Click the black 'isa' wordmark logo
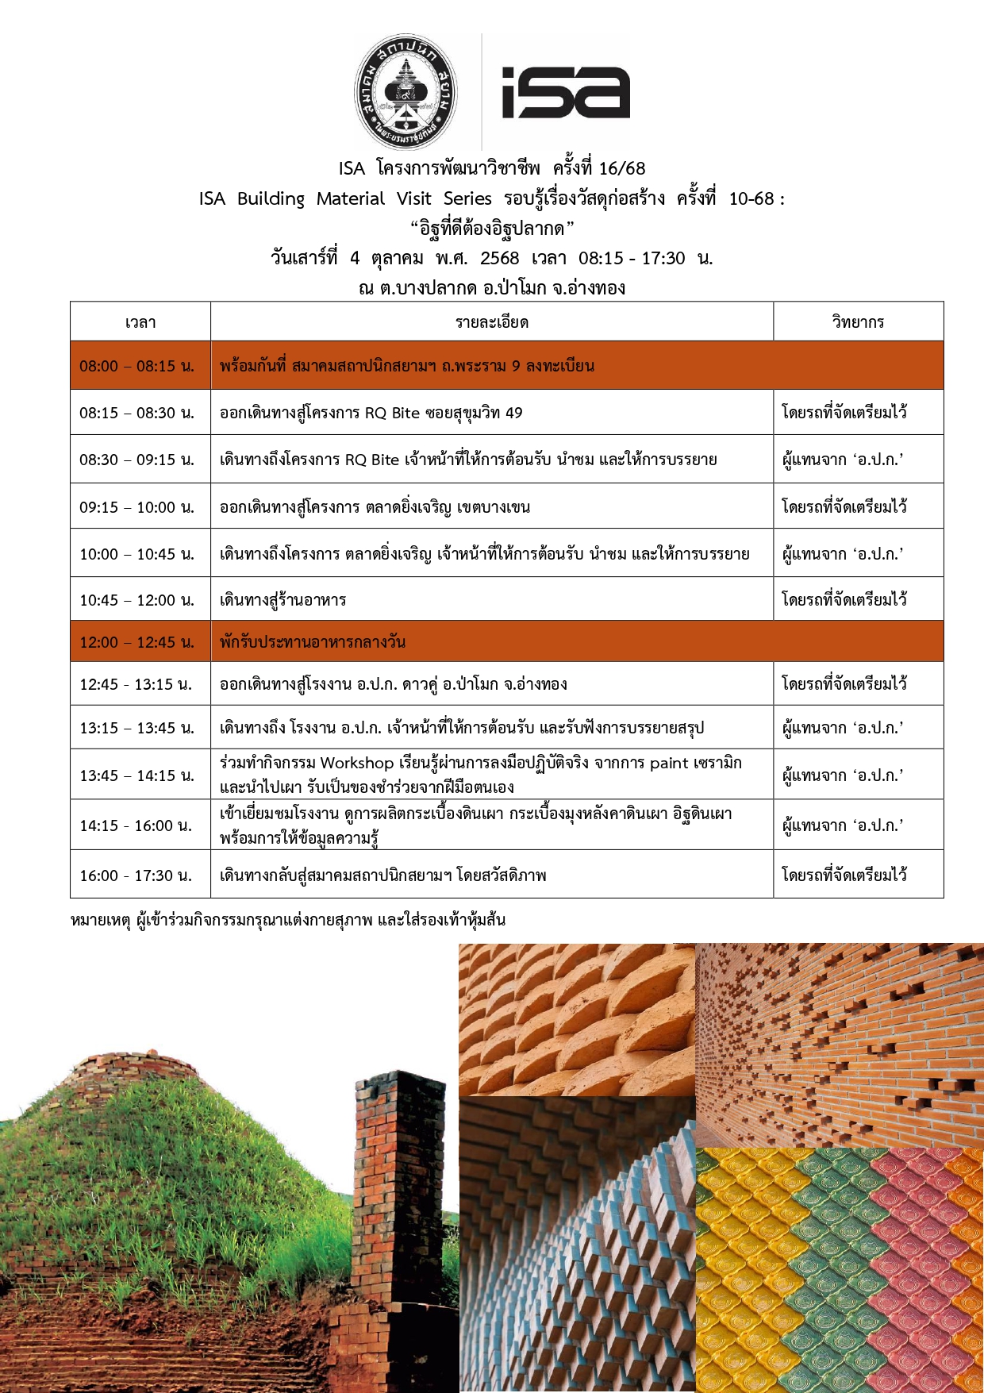pos(566,93)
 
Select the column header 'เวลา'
pos(140,322)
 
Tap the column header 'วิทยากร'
pos(858,322)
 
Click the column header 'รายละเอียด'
pos(492,322)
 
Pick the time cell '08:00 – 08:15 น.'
pos(136,366)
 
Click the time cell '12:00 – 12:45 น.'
pos(136,642)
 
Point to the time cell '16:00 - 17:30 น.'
pos(136,875)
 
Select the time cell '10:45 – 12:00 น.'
pos(136,600)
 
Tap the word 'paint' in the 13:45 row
pos(669,764)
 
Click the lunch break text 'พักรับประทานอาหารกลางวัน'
pos(313,642)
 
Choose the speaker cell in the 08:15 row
pos(844,413)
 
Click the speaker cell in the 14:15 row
pos(843,826)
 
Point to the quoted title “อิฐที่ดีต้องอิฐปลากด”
pos(492,229)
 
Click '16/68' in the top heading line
pos(622,168)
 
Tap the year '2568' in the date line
pos(500,258)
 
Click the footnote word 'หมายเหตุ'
pos(100,921)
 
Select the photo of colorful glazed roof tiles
pos(840,1270)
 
